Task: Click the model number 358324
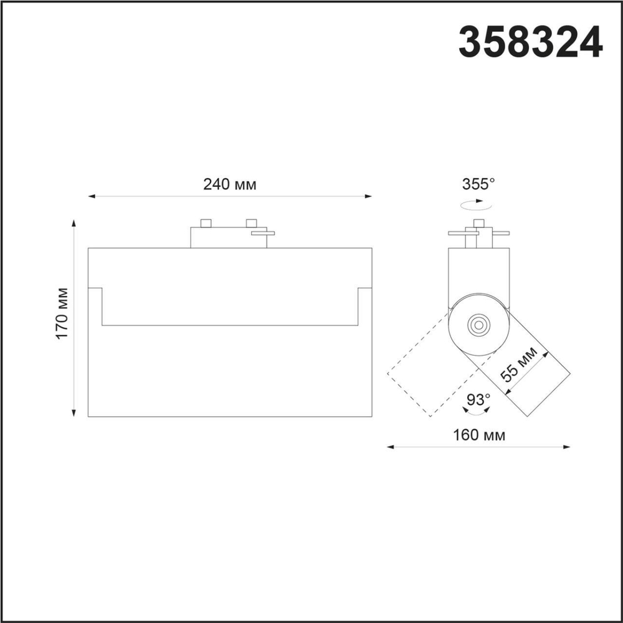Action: click(530, 43)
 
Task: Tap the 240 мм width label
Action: click(229, 184)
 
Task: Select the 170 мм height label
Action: click(62, 313)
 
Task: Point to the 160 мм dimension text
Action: click(479, 435)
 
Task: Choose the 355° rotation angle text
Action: click(478, 184)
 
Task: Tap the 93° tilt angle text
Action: click(478, 398)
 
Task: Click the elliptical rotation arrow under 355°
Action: click(475, 204)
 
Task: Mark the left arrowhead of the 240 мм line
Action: click(92, 196)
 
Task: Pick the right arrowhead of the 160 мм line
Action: click(566, 447)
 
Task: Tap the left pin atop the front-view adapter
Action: click(205, 223)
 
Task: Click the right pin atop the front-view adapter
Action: click(252, 223)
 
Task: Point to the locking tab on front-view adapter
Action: click(262, 234)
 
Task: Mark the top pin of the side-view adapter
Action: click(478, 223)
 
